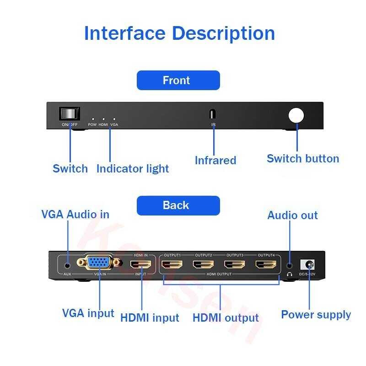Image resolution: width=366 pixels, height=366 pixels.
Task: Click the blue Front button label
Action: (x=178, y=81)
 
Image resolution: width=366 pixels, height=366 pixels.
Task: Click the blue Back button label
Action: (x=178, y=205)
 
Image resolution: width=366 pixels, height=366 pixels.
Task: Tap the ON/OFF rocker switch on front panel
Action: (x=70, y=114)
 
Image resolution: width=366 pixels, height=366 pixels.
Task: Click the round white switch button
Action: (x=296, y=115)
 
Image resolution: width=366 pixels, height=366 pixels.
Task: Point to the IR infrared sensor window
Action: (x=213, y=114)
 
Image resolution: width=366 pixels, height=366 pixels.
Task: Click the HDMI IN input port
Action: (x=140, y=264)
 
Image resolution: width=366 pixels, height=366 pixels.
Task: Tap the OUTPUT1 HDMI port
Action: (x=172, y=264)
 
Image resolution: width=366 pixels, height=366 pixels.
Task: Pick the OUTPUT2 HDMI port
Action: (x=204, y=264)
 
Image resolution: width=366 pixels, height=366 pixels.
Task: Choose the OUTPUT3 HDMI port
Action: (x=235, y=264)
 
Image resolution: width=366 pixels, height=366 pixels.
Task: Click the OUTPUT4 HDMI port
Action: (x=266, y=264)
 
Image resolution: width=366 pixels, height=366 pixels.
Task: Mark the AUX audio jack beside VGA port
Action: (x=68, y=264)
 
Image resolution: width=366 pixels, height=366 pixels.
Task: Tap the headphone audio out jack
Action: (x=289, y=265)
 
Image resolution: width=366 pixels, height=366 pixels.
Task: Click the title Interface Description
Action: (x=179, y=33)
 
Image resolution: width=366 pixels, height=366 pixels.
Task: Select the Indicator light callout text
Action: (x=133, y=169)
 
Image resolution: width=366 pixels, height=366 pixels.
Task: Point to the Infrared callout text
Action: (x=215, y=161)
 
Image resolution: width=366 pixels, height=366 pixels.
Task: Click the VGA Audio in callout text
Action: (x=75, y=214)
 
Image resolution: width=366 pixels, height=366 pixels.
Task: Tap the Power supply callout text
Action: (x=316, y=315)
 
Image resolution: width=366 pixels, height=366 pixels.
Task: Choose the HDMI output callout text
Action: (x=226, y=318)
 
